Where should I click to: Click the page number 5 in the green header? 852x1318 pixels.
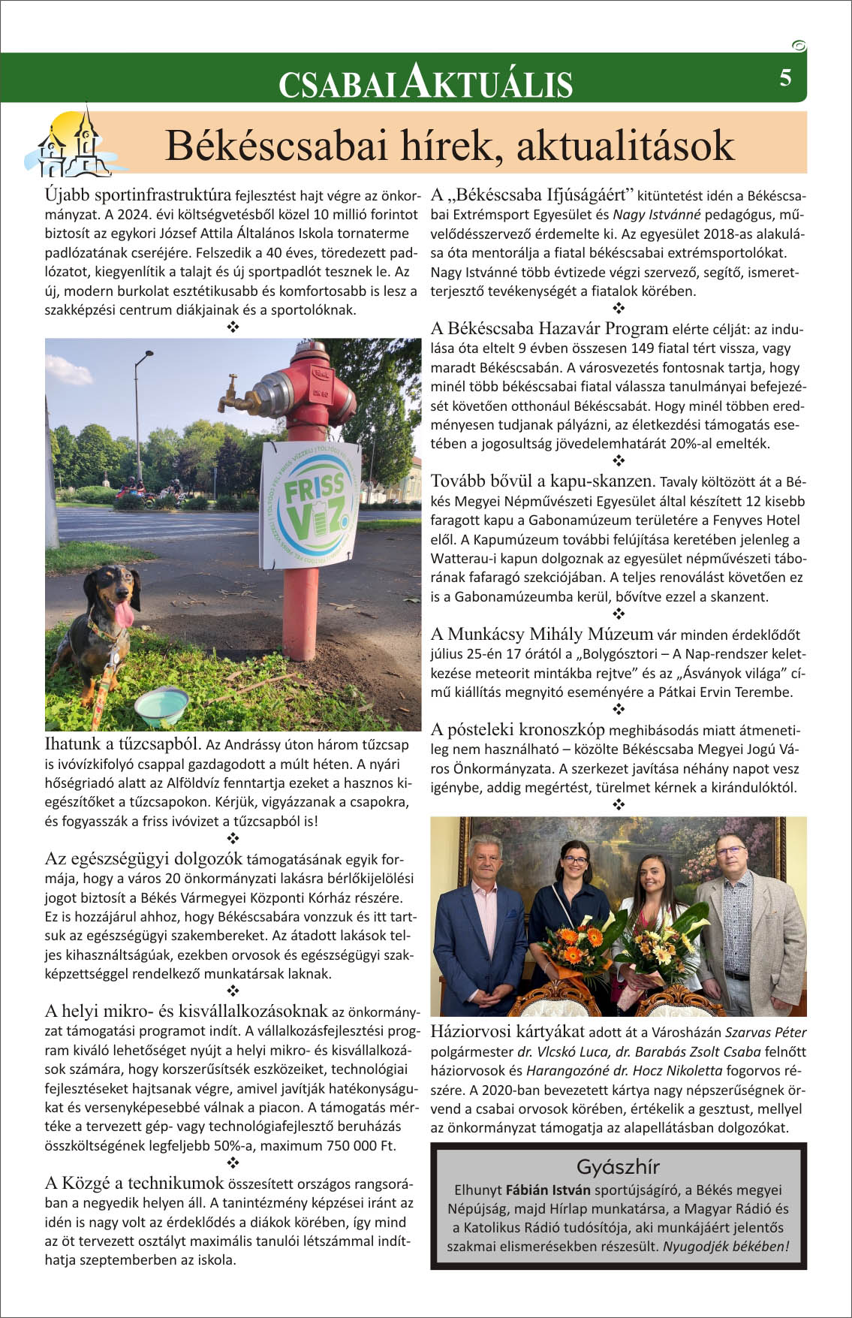(x=785, y=77)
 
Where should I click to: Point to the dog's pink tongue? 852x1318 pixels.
(x=125, y=614)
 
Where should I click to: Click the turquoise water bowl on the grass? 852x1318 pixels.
(x=161, y=705)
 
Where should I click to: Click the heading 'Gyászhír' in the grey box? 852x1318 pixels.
(x=618, y=1166)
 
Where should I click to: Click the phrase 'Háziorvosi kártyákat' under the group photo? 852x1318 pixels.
(x=507, y=1031)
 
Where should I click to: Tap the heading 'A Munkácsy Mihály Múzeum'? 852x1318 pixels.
(x=542, y=634)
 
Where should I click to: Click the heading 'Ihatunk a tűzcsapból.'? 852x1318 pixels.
(x=123, y=743)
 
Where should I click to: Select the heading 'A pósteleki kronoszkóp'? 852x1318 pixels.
(x=518, y=729)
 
